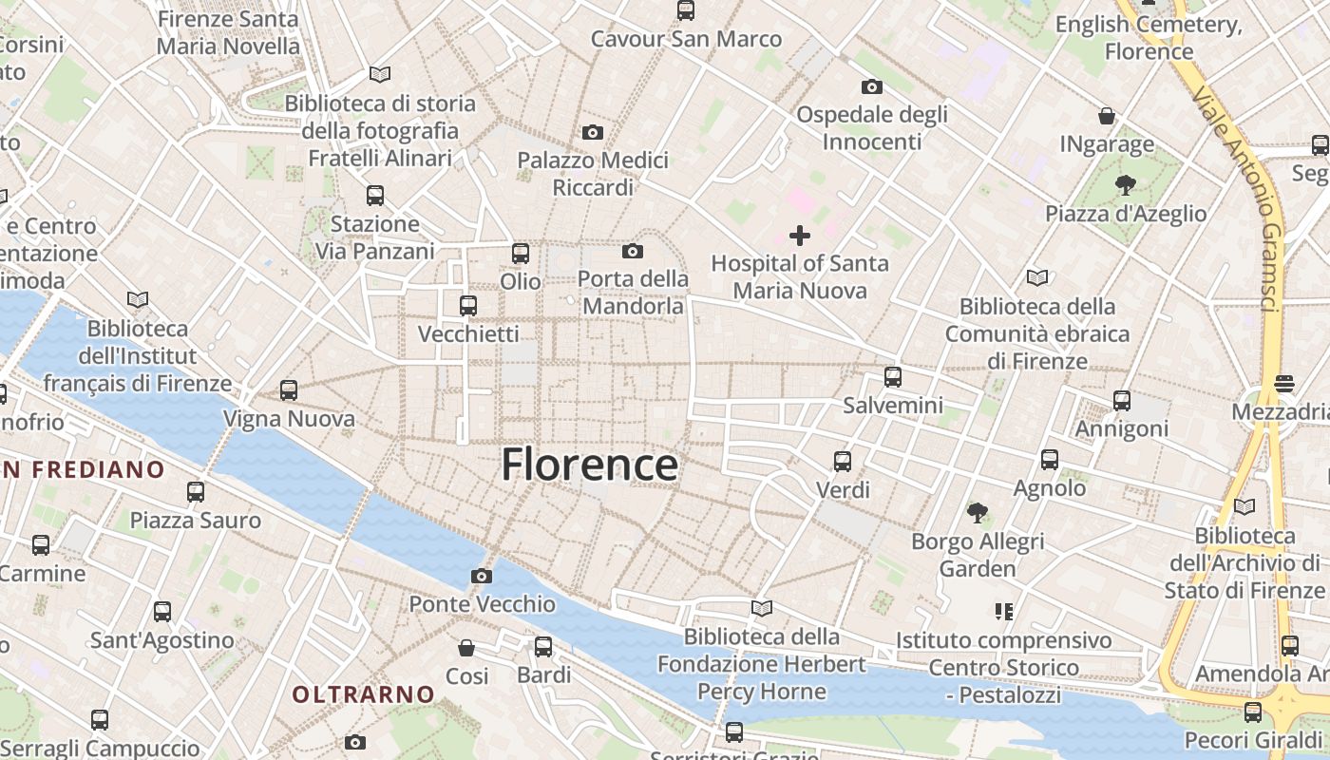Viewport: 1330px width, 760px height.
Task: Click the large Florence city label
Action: [x=589, y=465]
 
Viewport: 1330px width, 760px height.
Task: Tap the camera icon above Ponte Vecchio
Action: [x=482, y=576]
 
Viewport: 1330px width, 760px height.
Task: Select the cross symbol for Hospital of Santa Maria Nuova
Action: [x=800, y=236]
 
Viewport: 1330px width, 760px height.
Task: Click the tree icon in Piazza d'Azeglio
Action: [x=1126, y=184]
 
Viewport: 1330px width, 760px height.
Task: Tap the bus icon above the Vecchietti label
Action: [x=467, y=306]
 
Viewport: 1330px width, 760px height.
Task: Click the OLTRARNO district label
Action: [x=363, y=694]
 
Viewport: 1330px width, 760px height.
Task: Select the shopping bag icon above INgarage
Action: [x=1107, y=116]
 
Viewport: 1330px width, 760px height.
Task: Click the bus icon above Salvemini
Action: [x=892, y=377]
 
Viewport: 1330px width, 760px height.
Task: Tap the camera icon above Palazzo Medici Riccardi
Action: [x=593, y=132]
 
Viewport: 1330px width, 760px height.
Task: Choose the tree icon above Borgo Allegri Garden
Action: [x=977, y=513]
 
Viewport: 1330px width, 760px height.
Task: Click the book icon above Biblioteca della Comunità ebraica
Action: [x=1036, y=278]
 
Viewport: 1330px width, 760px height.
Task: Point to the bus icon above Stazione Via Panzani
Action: [x=375, y=196]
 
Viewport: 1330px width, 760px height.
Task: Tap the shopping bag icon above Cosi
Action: [x=466, y=648]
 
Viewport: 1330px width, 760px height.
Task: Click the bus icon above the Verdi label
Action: [x=842, y=462]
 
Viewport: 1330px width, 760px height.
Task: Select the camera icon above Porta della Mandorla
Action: [x=633, y=252]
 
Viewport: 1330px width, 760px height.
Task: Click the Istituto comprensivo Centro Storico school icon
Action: [x=1003, y=611]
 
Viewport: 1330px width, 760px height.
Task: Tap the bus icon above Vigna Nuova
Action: [x=289, y=390]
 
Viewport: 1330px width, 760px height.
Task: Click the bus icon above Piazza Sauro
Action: [x=196, y=492]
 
